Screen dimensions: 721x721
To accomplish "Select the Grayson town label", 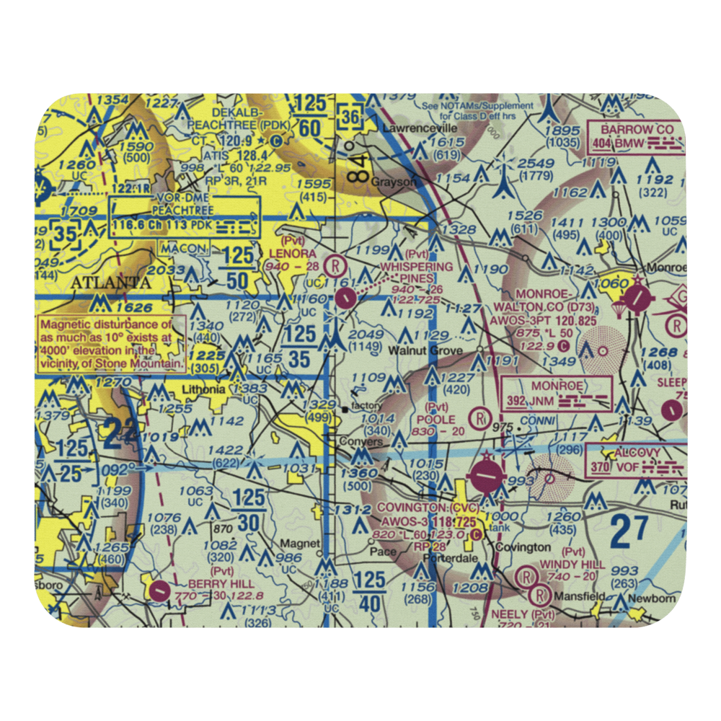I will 394,182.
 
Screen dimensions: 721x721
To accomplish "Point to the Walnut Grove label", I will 425,350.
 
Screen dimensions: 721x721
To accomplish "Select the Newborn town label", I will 651,599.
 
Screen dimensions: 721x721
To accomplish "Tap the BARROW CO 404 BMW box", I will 636,138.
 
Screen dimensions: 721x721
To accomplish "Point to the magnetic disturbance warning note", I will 112,344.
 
